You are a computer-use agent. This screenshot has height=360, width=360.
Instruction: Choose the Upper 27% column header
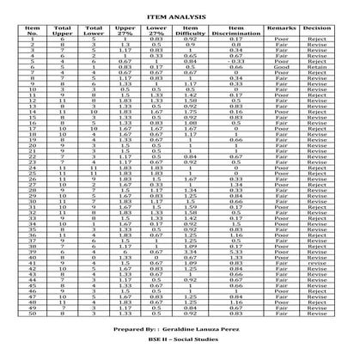(124, 32)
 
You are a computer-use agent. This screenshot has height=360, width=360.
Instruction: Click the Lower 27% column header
(155, 32)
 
